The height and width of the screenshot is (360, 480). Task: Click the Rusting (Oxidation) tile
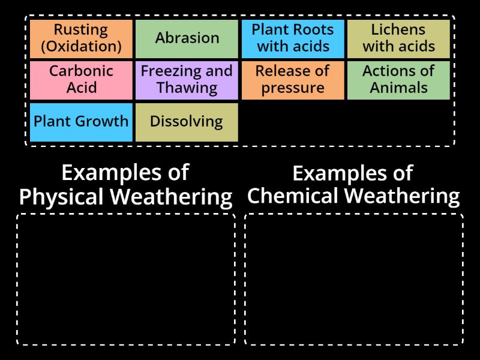[81, 39]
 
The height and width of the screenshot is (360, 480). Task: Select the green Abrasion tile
[187, 39]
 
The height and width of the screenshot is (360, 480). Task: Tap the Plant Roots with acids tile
[293, 39]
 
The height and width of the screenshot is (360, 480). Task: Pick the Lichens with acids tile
[398, 39]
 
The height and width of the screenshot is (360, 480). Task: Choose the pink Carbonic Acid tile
[81, 80]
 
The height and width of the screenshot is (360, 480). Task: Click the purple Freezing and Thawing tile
[187, 80]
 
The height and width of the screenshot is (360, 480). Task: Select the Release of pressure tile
[293, 80]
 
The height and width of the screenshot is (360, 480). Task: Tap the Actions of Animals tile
[398, 80]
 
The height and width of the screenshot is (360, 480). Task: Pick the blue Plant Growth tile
[81, 122]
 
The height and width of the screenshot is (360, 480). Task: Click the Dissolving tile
[187, 122]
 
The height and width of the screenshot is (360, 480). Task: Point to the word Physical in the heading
[61, 197]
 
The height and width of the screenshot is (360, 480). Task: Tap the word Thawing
[187, 88]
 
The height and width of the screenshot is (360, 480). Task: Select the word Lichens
[398, 30]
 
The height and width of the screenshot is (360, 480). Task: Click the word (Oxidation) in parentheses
[81, 47]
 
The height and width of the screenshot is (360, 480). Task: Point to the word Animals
[398, 88]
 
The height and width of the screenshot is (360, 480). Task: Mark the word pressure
[293, 88]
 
